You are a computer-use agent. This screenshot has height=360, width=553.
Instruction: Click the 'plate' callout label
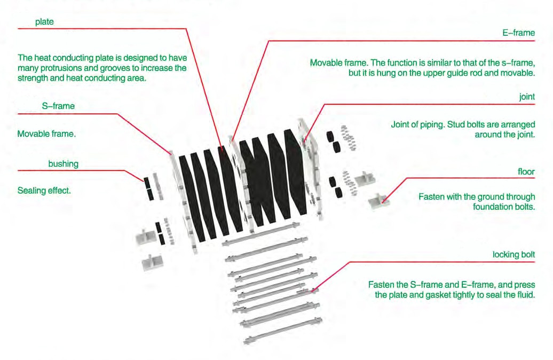[x=44, y=22]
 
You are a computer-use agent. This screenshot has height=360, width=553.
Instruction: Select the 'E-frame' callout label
[x=518, y=33]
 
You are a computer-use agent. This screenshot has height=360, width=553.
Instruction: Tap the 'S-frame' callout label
[x=58, y=106]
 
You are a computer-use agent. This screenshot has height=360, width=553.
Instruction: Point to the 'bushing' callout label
[x=63, y=164]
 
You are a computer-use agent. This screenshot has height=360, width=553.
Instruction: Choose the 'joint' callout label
[x=527, y=97]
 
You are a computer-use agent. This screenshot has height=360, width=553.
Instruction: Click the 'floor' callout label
[x=526, y=171]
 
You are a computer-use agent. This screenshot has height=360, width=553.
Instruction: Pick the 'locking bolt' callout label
[x=513, y=254]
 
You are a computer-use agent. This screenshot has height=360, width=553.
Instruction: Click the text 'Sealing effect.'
[x=44, y=191]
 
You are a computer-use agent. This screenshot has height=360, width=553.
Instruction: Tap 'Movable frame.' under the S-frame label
[x=46, y=134]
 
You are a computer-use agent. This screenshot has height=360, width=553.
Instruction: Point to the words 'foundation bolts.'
[x=504, y=207]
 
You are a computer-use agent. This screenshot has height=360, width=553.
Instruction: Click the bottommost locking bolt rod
[x=283, y=330]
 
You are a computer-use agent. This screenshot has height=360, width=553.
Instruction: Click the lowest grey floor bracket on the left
[x=152, y=262]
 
